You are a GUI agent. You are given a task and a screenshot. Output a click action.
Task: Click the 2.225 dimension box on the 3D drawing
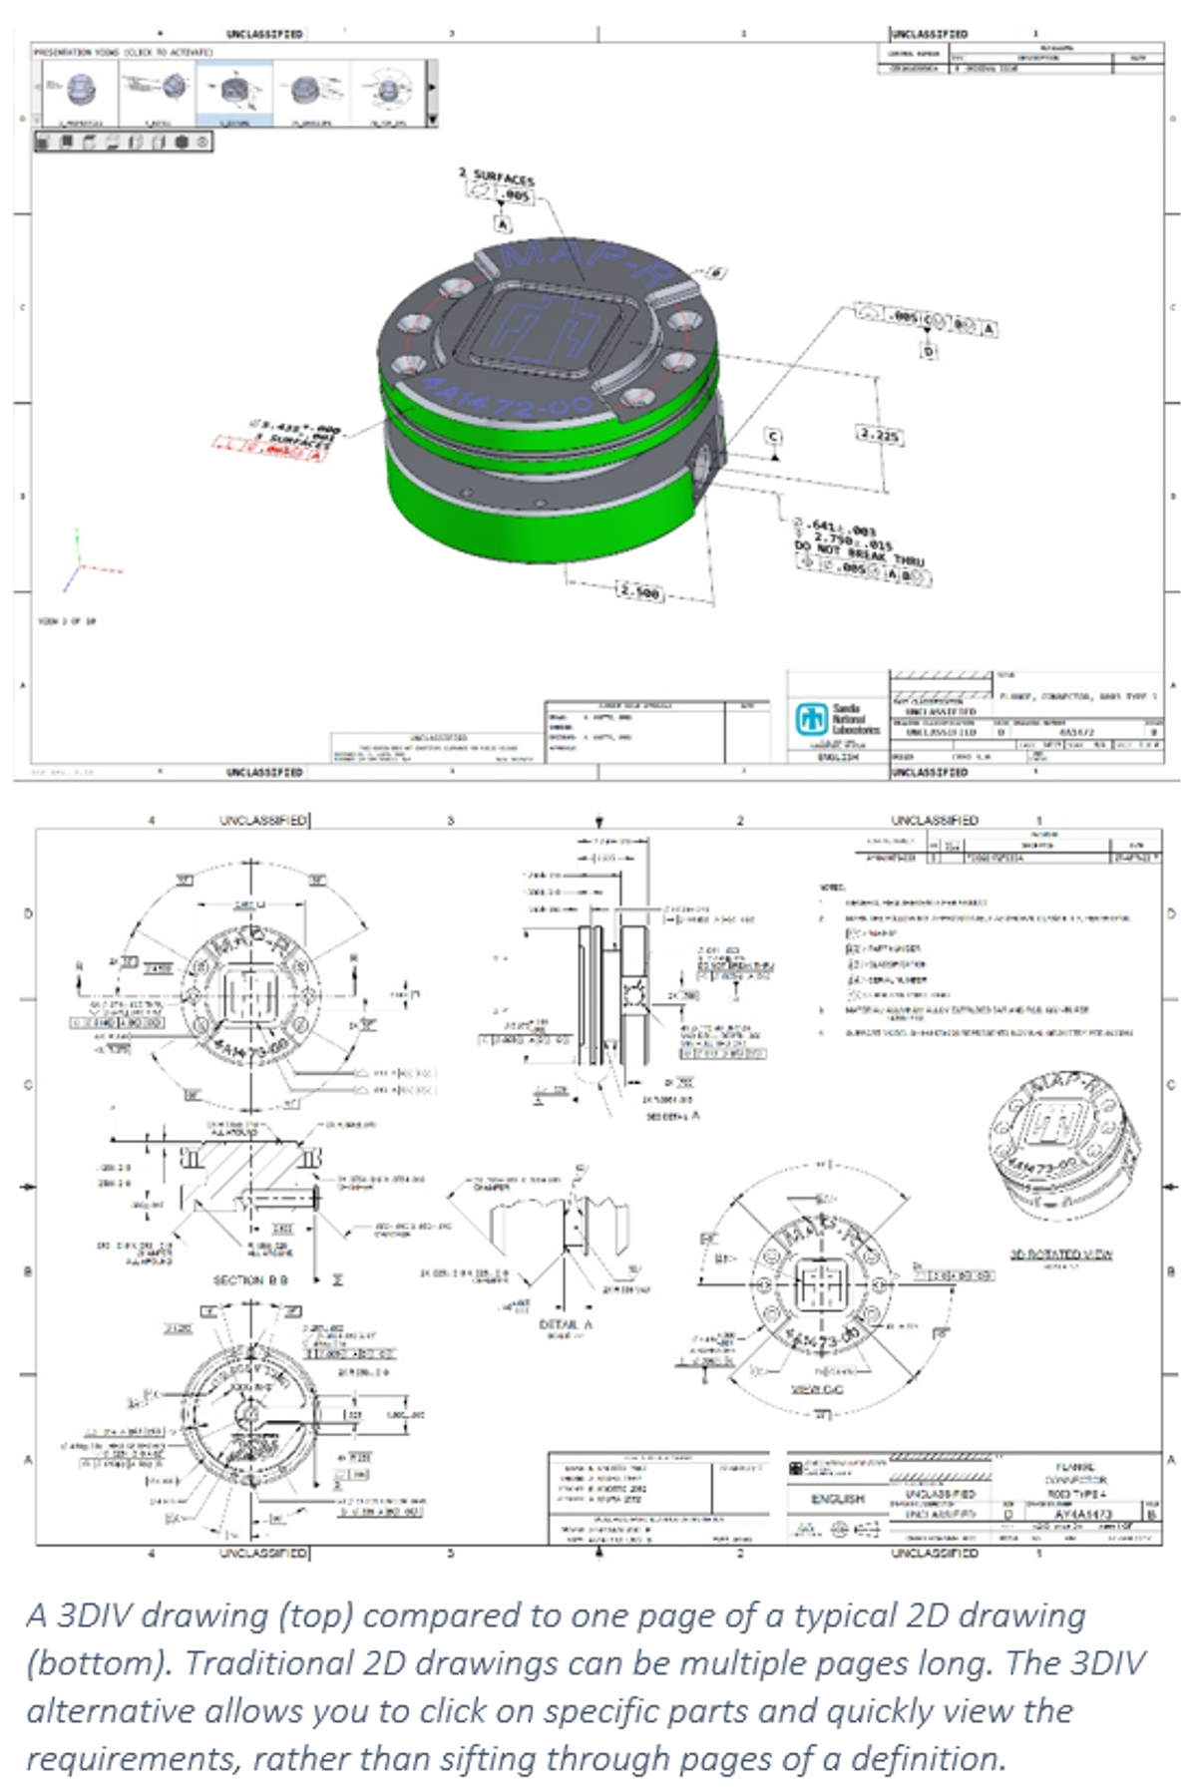pos(879,435)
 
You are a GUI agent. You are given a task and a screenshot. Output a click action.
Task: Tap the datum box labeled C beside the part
pos(773,437)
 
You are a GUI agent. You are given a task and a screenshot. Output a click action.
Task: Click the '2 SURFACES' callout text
pos(497,177)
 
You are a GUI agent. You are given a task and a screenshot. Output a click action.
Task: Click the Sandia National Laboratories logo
pos(810,718)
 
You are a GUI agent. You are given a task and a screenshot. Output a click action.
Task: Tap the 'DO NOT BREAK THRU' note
pos(859,554)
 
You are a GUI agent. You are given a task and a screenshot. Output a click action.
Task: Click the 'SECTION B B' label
pos(250,1279)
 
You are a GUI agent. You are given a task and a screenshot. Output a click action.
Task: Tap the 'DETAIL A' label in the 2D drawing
pos(566,1324)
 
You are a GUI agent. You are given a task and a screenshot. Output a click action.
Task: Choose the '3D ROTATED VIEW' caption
pos(1060,1254)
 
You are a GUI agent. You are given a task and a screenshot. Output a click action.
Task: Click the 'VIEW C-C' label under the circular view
pos(817,1388)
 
